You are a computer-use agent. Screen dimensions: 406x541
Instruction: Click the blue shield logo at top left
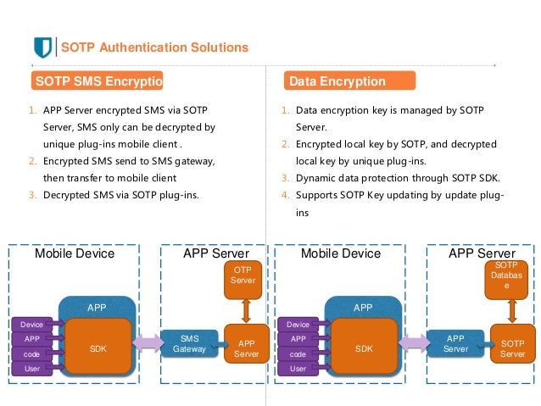42,47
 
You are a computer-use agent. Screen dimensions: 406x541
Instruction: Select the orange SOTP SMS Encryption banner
96,81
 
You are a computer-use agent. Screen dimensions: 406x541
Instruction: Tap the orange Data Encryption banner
349,81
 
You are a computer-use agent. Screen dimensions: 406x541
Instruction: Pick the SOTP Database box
501,277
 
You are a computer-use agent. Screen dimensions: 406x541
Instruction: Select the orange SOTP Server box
512,348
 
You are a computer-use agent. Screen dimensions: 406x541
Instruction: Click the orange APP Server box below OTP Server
247,348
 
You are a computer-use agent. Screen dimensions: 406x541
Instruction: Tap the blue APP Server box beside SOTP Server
455,343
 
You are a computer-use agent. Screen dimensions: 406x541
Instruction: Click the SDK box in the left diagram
98,348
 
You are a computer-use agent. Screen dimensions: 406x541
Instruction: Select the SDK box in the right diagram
365,348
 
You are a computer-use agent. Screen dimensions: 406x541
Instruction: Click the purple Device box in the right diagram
298,324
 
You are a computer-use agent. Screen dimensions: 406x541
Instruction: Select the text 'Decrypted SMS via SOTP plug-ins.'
121,195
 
